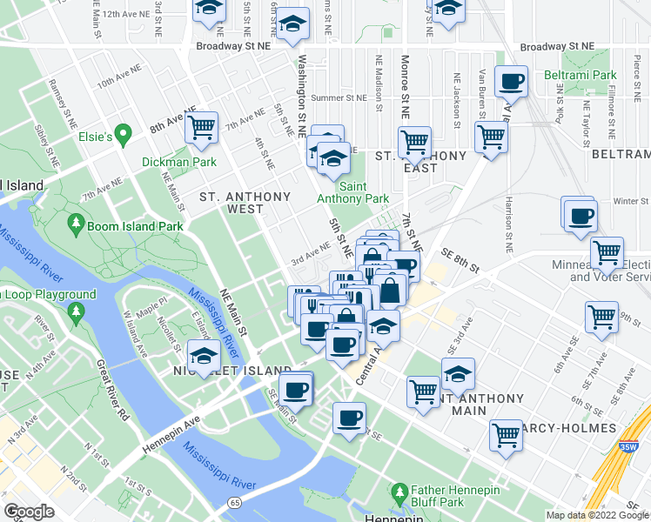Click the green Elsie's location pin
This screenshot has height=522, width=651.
[x=124, y=136]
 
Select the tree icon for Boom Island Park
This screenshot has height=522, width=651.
[x=77, y=225]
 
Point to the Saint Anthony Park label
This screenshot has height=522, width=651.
[x=352, y=192]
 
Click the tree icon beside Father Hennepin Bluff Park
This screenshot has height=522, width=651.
[x=399, y=493]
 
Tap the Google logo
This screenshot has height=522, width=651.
[x=28, y=512]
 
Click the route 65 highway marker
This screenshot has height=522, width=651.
[x=234, y=504]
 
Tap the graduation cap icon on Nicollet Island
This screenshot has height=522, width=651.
[x=205, y=356]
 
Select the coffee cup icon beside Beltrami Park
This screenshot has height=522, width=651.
[x=511, y=82]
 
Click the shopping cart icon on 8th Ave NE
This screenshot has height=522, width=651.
[x=201, y=127]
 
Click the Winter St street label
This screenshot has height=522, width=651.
[x=631, y=201]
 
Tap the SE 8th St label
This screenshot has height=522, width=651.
[x=460, y=259]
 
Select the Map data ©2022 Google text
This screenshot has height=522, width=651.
[x=597, y=515]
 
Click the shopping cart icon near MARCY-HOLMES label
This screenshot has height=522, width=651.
[x=506, y=434]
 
